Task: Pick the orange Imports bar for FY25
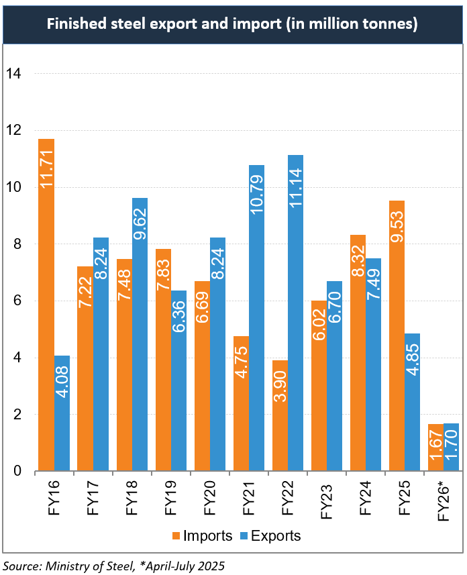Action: [x=397, y=336]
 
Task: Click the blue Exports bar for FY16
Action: [x=62, y=413]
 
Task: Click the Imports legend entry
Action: [x=202, y=535]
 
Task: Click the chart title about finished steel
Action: [x=233, y=25]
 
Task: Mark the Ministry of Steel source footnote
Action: [x=114, y=566]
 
